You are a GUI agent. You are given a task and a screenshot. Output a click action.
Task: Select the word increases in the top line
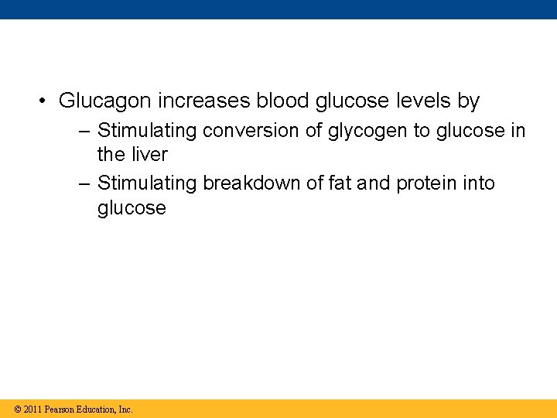pos(203,101)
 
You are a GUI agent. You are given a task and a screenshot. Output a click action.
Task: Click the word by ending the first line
pos(469,101)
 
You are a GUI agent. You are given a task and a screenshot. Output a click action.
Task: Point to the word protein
pos(424,183)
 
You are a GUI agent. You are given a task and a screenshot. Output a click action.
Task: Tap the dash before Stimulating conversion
pos(84,131)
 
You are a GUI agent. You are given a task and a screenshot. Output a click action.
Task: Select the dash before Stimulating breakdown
pos(84,183)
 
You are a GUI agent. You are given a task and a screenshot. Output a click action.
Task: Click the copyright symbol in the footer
pos(18,409)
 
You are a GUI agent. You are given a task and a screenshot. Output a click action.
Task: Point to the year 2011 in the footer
pos(32,409)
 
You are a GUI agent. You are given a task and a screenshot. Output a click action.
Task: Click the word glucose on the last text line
pos(132,208)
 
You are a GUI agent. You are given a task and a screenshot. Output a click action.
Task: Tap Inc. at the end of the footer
pos(125,409)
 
